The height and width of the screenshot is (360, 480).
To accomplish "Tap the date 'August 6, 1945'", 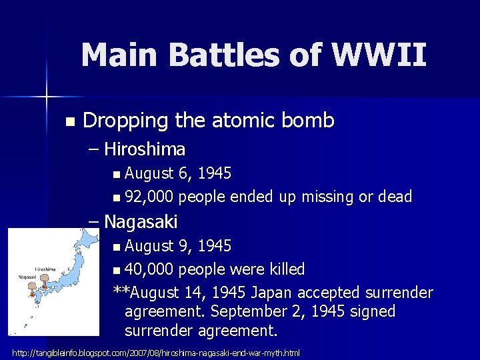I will [x=178, y=174].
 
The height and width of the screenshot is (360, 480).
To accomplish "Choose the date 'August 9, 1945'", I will [x=178, y=246].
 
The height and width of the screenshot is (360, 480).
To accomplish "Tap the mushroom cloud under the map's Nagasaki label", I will [x=31, y=289].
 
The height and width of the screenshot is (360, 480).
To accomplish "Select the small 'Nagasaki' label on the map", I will [x=27, y=276].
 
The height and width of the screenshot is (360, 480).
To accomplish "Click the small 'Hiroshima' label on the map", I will [x=45, y=270].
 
